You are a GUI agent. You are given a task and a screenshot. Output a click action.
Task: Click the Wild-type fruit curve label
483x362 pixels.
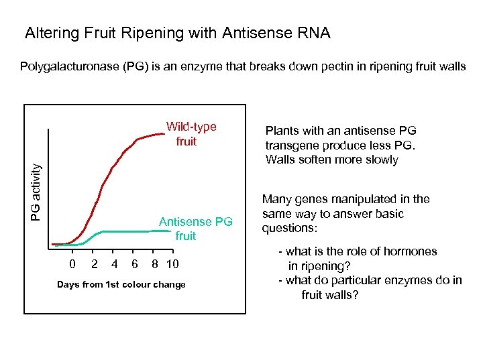191,134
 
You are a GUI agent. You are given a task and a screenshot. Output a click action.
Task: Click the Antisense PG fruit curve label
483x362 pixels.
195,229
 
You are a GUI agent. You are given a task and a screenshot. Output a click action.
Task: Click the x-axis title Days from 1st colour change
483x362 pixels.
121,284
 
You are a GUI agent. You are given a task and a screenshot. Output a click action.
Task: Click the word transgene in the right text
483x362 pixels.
290,145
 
